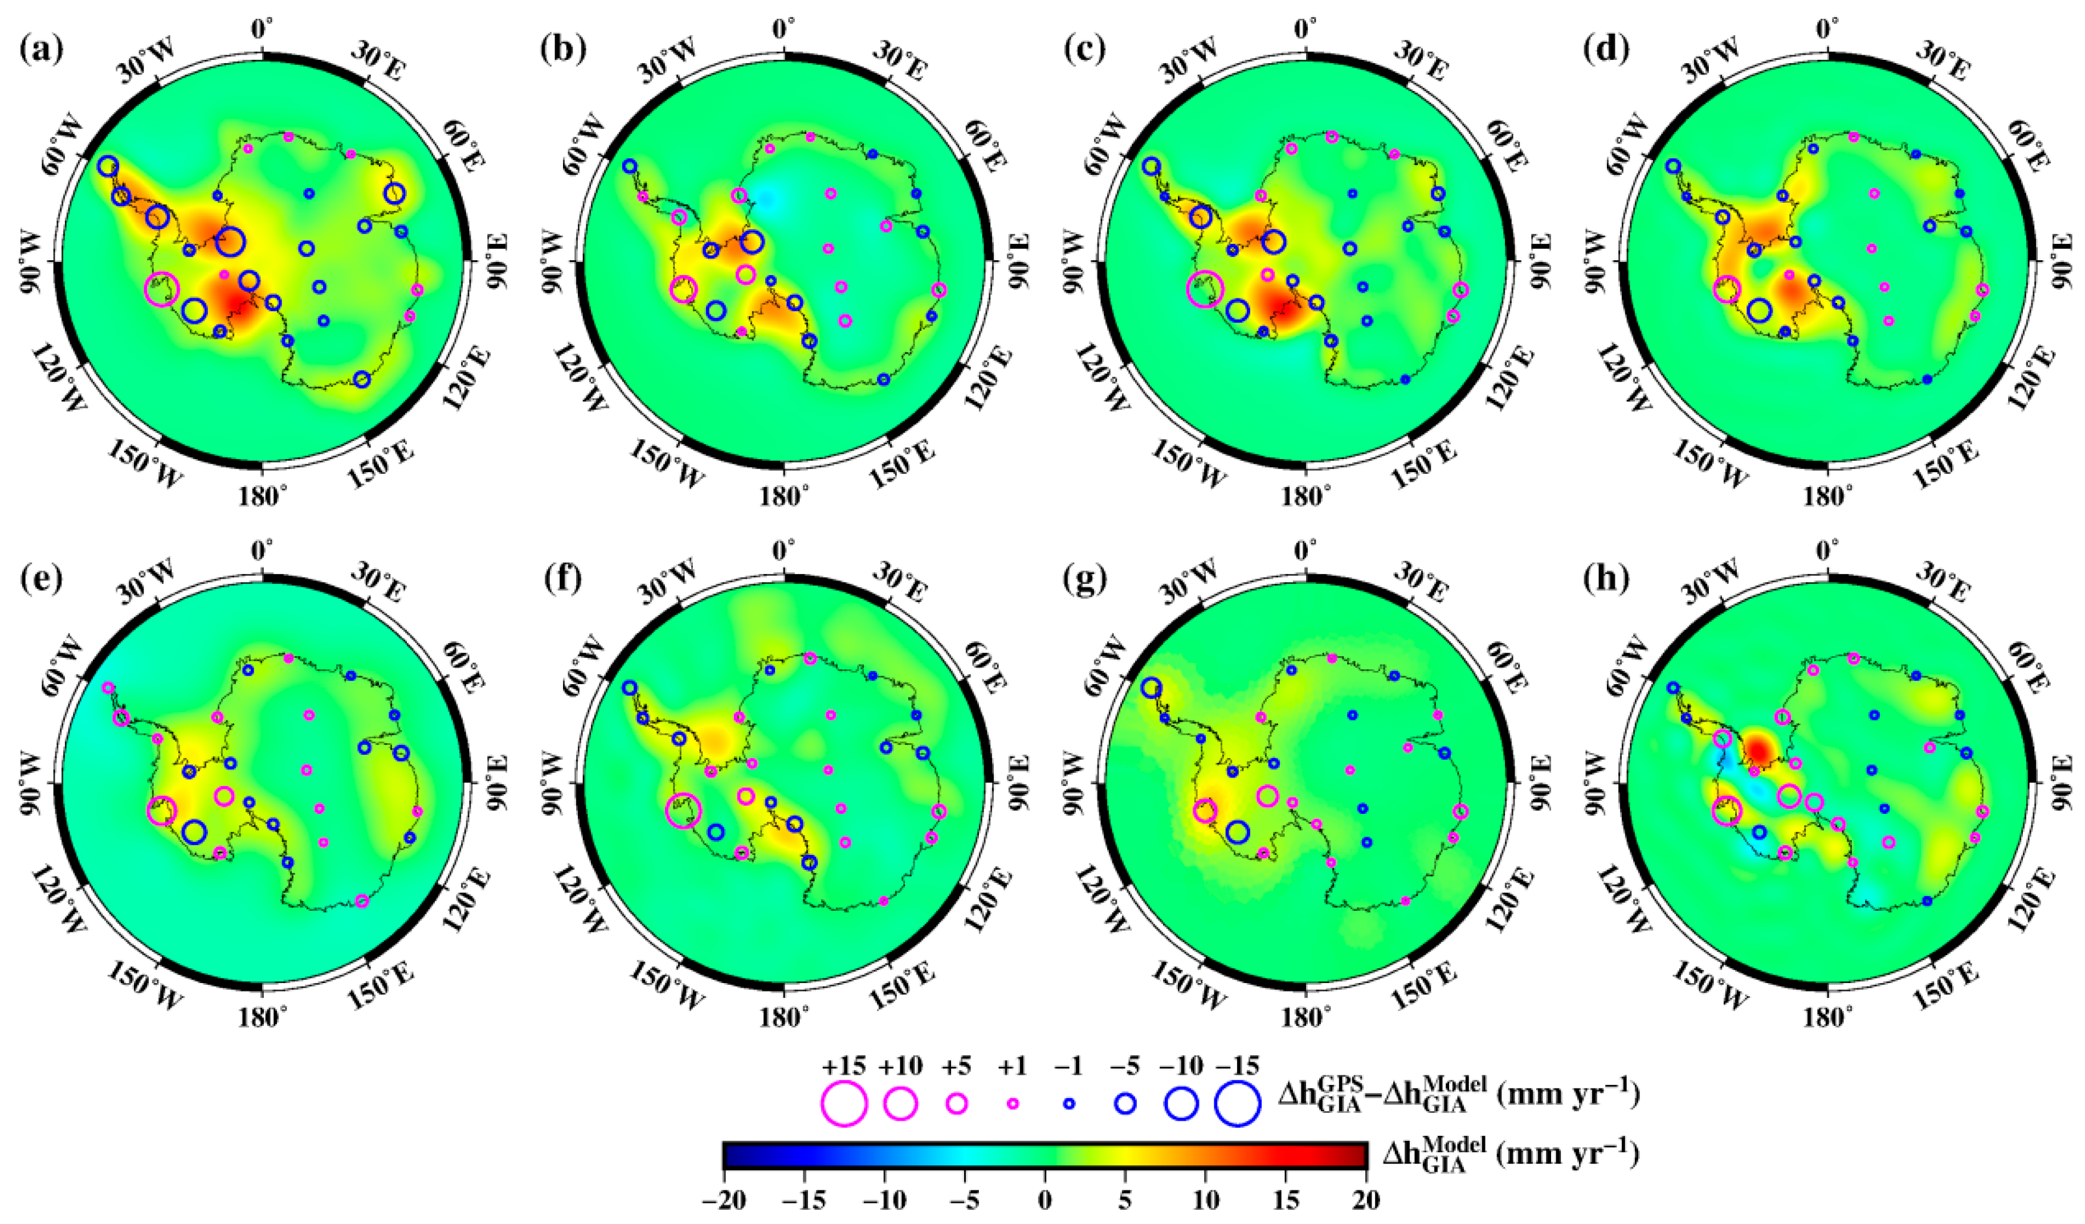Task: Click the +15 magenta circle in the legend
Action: [844, 1103]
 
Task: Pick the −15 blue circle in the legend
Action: [1237, 1103]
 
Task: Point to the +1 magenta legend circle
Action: [1012, 1103]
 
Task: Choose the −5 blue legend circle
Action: [1124, 1103]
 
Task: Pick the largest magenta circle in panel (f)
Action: [683, 810]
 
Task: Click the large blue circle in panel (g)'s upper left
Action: [1151, 688]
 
